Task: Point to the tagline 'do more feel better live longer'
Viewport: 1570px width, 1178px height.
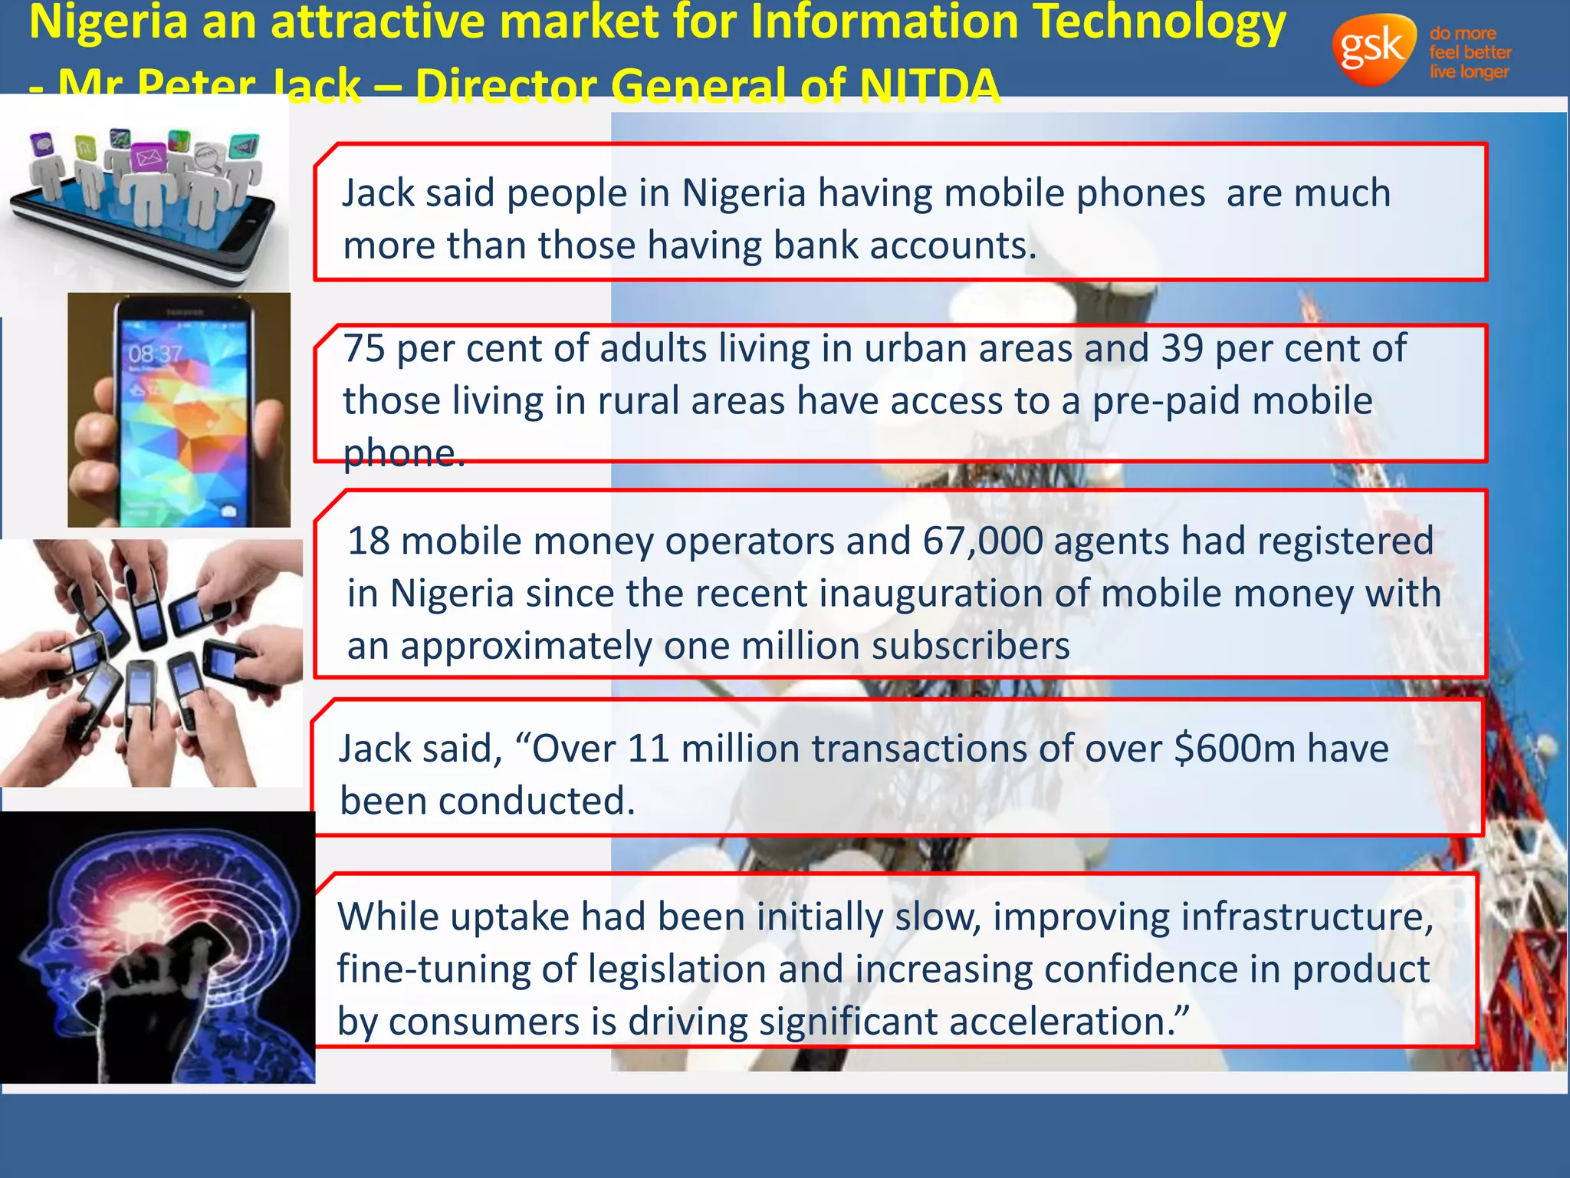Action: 1470,52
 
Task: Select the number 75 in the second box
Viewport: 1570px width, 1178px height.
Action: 363,349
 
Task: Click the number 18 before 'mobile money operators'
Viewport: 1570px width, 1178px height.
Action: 369,541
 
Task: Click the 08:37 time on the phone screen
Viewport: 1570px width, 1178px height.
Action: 155,354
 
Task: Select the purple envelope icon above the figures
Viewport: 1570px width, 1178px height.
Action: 148,158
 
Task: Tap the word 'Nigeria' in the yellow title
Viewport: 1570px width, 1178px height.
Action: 108,23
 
